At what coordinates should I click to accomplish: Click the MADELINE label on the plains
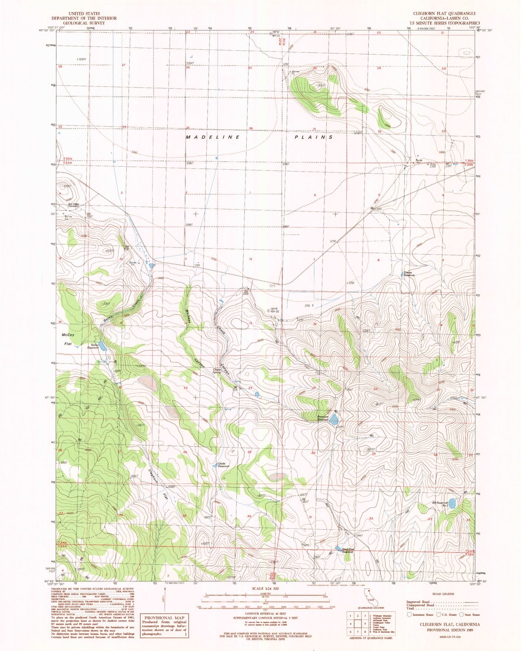click(213, 137)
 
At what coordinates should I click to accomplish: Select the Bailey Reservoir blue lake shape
click(102, 346)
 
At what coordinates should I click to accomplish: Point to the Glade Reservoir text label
click(224, 465)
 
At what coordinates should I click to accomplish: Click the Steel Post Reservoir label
click(348, 550)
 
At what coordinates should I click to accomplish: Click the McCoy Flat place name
click(68, 339)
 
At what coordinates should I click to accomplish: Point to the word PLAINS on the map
click(313, 137)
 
